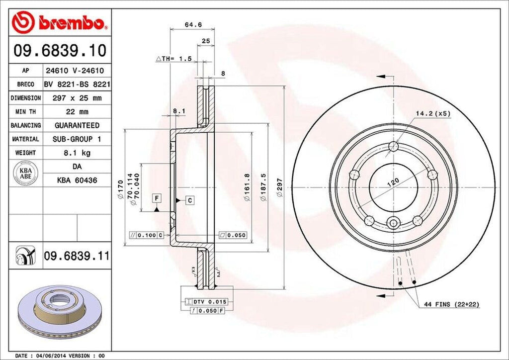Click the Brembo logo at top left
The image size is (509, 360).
(59, 22)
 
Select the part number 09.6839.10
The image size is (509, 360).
(59, 50)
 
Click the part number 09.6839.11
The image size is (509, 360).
(76, 256)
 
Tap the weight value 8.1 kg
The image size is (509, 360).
(77, 153)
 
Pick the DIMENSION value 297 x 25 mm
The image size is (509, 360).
(77, 98)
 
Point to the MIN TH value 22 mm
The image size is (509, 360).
(77, 111)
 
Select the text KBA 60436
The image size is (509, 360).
(77, 180)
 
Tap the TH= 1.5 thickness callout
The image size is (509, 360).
(174, 59)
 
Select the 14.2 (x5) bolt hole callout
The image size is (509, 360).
(432, 113)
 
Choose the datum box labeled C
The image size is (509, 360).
(190, 200)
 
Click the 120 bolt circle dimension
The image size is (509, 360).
(393, 182)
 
